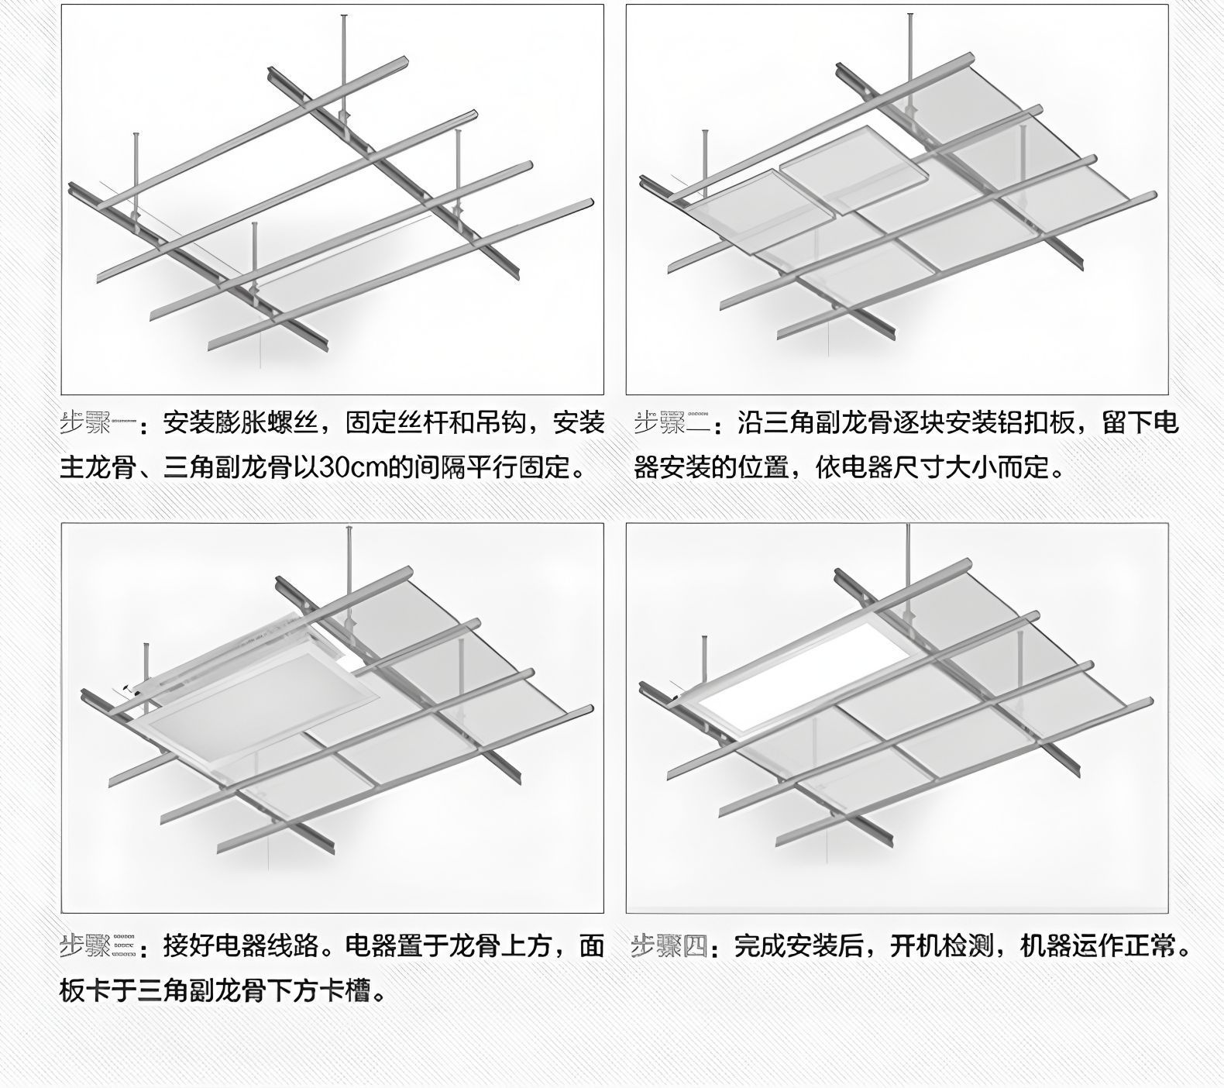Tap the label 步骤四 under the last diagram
669,946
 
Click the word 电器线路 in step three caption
266,946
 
